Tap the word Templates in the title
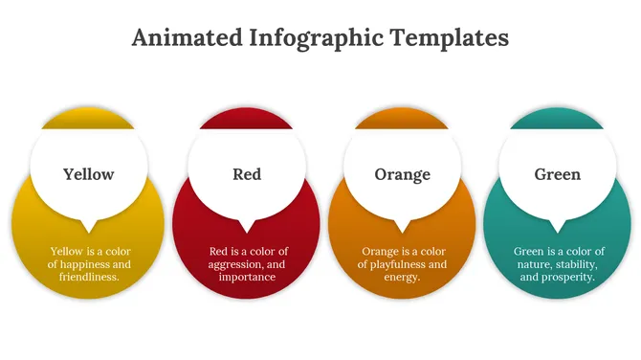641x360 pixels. coord(447,37)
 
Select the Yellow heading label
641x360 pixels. coord(89,174)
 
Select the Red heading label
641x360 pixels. coord(247,174)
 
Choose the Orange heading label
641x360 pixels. coord(402,174)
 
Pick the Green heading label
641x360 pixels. coord(558,174)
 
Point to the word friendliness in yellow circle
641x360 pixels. coord(90,277)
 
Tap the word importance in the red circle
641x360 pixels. coord(247,277)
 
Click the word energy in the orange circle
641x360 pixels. coord(401,277)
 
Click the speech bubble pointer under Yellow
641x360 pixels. coord(90,226)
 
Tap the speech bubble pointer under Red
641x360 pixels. coord(247,226)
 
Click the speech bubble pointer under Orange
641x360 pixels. coord(403,226)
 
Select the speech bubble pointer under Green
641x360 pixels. coord(559,226)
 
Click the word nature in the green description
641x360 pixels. coord(534,264)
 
